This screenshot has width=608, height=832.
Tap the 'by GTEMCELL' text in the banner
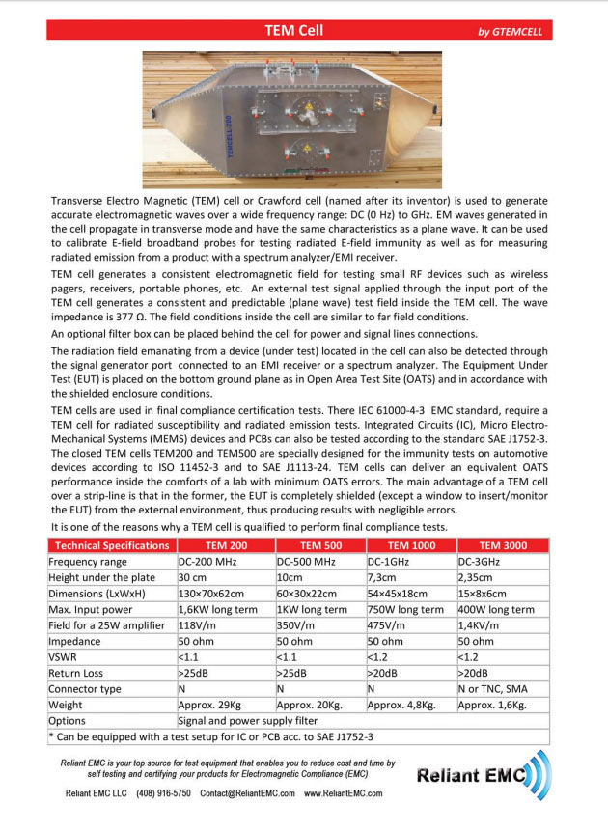510,32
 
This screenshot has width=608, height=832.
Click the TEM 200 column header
224,545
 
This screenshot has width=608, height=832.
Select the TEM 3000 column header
503,545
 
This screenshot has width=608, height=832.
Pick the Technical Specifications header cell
111,545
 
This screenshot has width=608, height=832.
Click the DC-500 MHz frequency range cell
306,561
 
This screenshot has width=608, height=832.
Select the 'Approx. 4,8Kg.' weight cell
402,705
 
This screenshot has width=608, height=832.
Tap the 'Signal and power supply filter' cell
253,720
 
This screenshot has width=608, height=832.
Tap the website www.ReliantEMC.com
344,793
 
